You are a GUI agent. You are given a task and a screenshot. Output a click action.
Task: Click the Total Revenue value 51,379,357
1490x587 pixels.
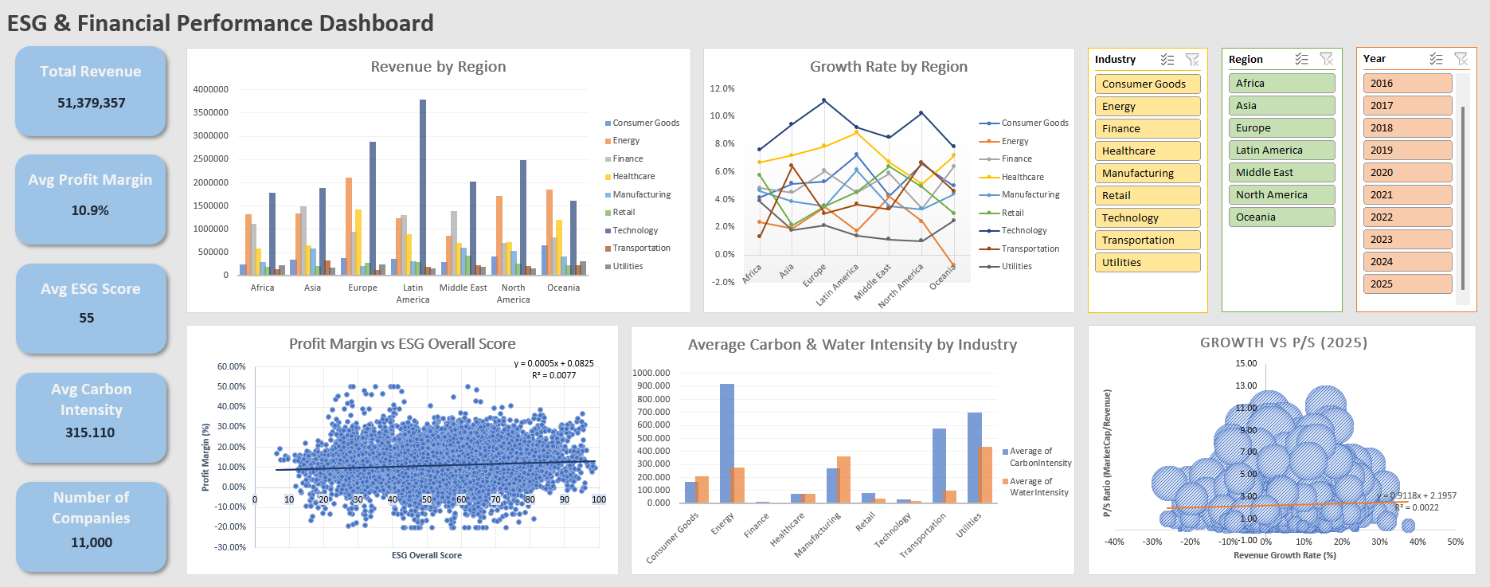point(91,103)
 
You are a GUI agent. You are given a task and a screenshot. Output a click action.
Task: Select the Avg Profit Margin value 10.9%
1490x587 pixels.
point(90,210)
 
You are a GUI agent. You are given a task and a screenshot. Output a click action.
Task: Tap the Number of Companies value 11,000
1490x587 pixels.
point(92,542)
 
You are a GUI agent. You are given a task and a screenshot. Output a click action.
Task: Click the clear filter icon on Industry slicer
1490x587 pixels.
point(1191,60)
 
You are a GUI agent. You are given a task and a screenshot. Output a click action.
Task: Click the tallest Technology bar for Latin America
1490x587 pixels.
point(423,187)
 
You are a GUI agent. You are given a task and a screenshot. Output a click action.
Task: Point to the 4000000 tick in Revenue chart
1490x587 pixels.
point(210,89)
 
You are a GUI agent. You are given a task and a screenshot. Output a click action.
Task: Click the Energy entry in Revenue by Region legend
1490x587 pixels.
point(626,141)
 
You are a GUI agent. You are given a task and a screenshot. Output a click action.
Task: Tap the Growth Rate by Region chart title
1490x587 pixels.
point(888,67)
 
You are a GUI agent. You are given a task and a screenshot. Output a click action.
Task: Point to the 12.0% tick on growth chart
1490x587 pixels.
point(722,88)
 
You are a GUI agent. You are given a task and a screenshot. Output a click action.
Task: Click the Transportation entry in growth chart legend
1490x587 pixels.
point(1030,248)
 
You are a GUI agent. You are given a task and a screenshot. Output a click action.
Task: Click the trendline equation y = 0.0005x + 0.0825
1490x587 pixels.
point(553,363)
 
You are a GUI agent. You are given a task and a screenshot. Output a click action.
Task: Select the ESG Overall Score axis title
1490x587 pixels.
point(426,555)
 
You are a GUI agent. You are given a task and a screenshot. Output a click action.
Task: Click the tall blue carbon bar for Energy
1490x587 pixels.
point(726,443)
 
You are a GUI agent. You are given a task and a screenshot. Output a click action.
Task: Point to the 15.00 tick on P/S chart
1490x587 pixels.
point(1246,363)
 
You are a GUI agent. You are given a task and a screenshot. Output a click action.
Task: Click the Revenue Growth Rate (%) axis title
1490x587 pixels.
point(1284,555)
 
